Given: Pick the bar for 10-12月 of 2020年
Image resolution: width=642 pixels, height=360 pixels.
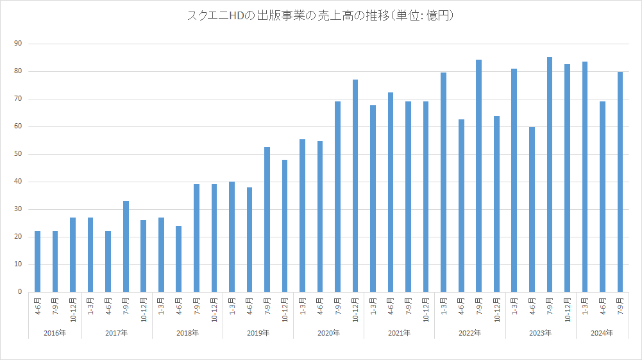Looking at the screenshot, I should point(355,185).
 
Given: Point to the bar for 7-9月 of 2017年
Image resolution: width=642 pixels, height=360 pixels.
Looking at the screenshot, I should point(126,246).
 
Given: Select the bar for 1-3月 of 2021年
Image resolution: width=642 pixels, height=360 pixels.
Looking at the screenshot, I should point(373,198).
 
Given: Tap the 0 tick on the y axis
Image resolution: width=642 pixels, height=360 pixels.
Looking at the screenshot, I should point(20,292).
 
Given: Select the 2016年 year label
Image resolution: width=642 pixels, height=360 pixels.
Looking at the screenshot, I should point(55,333).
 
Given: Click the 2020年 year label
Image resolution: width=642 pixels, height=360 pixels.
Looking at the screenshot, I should point(328,333).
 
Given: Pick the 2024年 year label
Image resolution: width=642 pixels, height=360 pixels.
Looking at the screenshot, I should point(602,333).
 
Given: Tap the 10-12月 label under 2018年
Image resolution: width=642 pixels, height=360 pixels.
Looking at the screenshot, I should point(214,309).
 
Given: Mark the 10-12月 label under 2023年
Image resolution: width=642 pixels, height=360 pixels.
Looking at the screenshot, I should point(568,309).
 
